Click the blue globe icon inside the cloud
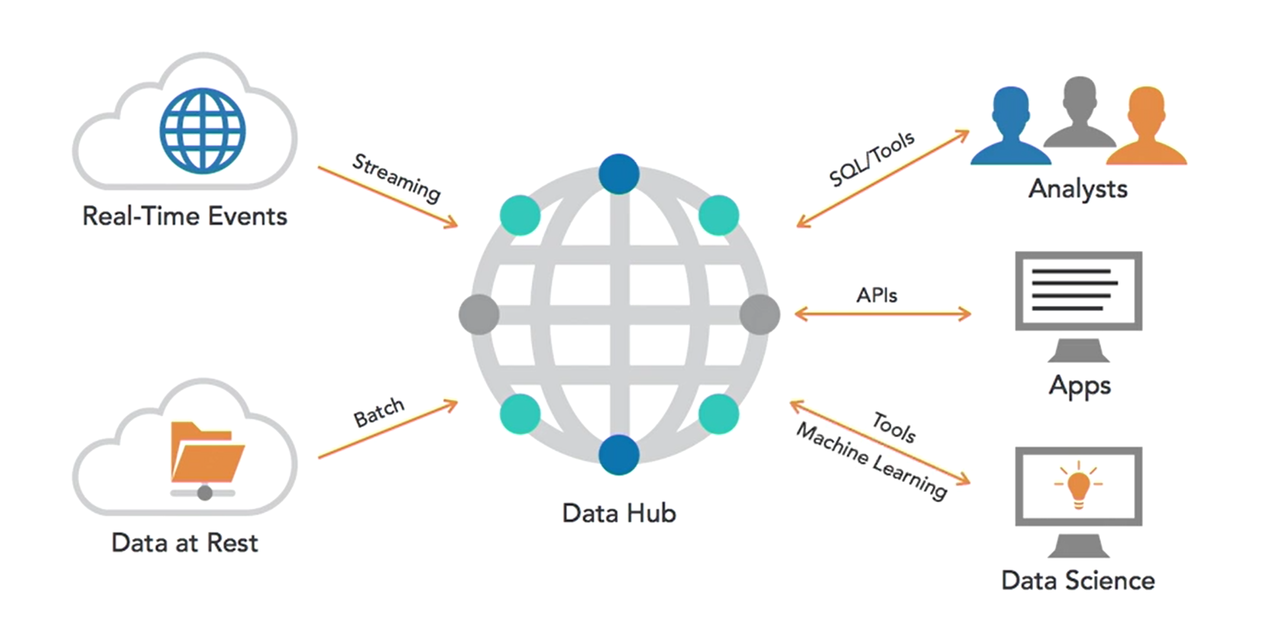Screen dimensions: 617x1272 click(202, 130)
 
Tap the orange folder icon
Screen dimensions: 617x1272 click(207, 452)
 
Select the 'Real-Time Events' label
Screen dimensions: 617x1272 click(185, 216)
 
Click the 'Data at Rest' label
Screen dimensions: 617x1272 click(185, 543)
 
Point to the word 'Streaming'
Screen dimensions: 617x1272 click(396, 178)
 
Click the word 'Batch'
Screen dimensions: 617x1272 click(379, 412)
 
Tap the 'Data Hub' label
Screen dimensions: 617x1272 click(619, 513)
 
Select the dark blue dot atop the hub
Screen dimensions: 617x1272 click(619, 174)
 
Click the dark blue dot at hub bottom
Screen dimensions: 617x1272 click(619, 454)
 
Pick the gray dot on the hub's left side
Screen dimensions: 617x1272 click(479, 315)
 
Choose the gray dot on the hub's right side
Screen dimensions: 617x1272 click(759, 315)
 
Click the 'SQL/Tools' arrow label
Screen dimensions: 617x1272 click(871, 159)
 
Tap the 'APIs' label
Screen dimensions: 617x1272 click(876, 295)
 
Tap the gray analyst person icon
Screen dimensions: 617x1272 click(1079, 113)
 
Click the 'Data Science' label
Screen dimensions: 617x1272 click(1078, 580)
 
